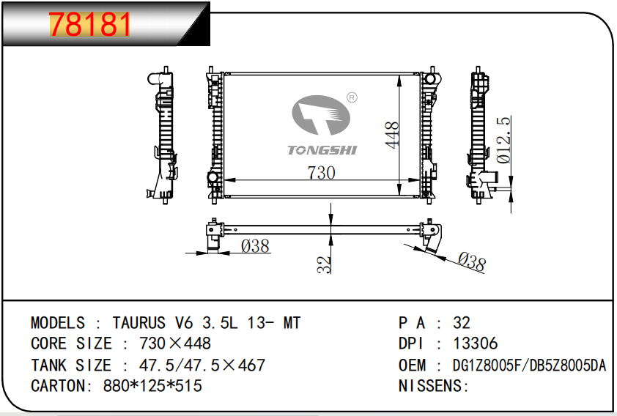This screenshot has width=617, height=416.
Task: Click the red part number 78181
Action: click(90, 26)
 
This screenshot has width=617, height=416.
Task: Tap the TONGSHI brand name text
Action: click(322, 149)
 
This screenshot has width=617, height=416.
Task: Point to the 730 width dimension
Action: click(321, 173)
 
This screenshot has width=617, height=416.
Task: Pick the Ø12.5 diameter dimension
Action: click(503, 139)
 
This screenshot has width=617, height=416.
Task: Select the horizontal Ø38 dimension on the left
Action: click(255, 246)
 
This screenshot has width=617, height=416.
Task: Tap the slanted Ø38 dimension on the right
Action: click(471, 261)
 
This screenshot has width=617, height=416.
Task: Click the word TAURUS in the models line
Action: click(138, 323)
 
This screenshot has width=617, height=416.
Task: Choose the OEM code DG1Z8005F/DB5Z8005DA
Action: click(530, 365)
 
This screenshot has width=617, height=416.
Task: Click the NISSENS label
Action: click(433, 385)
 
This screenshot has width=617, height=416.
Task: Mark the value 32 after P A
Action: click(462, 323)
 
